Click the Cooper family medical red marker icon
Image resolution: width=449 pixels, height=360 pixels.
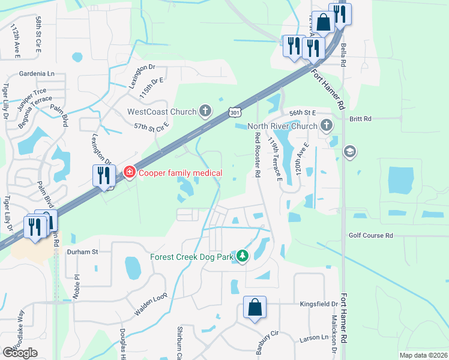pos(128,173)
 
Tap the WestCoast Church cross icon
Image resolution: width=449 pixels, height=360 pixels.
pos(205,110)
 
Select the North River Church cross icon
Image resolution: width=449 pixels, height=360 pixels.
pos(327,125)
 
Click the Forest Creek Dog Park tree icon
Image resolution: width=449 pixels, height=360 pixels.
pos(243,256)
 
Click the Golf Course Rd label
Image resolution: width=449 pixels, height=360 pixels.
pos(370,236)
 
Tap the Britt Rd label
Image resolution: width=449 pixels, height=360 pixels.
pos(361,119)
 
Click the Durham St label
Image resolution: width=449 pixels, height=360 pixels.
pos(82,252)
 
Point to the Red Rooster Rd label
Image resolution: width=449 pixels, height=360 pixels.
pos(256,154)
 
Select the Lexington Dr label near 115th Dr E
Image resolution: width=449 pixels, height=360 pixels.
pos(142,75)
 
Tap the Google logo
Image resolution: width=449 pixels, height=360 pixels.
pos(20,353)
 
